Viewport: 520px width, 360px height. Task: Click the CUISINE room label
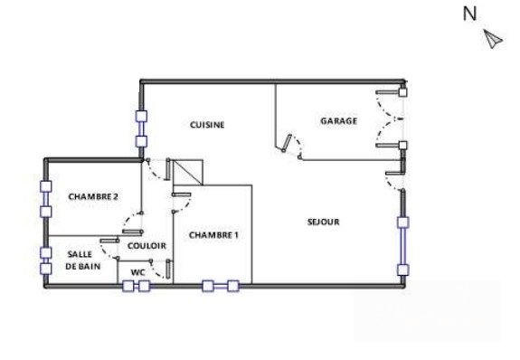(206, 125)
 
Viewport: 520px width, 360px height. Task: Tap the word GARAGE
(338, 120)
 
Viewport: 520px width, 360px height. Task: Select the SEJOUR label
(323, 222)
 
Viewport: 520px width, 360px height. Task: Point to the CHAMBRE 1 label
(213, 235)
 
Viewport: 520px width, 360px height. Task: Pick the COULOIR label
(146, 245)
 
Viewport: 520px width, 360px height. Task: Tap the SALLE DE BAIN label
(80, 261)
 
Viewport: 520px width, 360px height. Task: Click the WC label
(138, 271)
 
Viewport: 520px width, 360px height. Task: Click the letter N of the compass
(469, 13)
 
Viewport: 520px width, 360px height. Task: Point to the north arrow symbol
(493, 39)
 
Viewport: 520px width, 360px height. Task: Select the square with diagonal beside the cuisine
(190, 172)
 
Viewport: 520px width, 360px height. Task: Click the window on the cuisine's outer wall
(141, 128)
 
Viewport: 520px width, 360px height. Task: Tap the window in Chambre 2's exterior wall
(44, 199)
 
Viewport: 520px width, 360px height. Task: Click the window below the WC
(137, 287)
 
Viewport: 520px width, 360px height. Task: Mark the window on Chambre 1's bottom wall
(221, 287)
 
